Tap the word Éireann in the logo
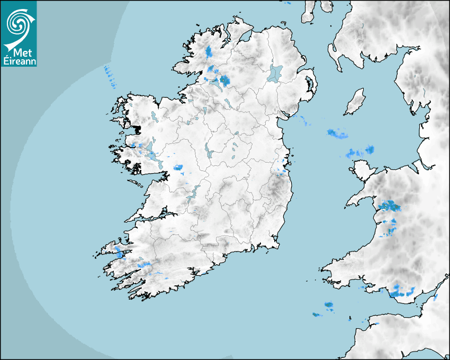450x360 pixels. click(19, 61)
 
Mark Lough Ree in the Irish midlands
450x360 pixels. click(208, 151)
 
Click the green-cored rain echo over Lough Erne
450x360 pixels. click(225, 80)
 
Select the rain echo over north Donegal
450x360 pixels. click(209, 51)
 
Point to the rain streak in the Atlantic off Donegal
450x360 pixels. click(110, 76)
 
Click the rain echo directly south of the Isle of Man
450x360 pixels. click(337, 133)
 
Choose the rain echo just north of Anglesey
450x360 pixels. click(359, 152)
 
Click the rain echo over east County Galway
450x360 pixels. click(178, 168)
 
